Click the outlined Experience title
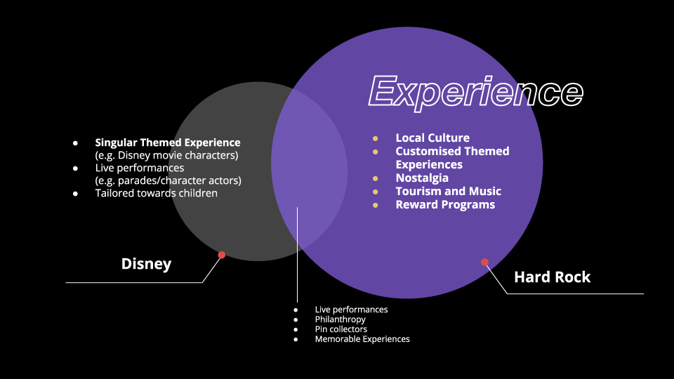(476, 92)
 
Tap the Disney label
(146, 264)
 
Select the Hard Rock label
(552, 277)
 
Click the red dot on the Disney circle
(221, 255)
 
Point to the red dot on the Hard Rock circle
(484, 262)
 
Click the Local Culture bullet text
(432, 138)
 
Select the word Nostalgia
(422, 178)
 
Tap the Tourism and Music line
(448, 191)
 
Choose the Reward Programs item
(445, 204)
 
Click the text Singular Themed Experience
(168, 142)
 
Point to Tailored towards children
(157, 193)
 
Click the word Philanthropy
(341, 319)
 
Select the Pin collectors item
(341, 329)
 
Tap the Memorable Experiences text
(362, 339)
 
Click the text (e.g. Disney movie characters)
(168, 155)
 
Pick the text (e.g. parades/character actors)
(168, 180)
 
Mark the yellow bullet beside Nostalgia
(376, 178)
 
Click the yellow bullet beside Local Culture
(376, 138)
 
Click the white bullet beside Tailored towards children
(75, 193)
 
